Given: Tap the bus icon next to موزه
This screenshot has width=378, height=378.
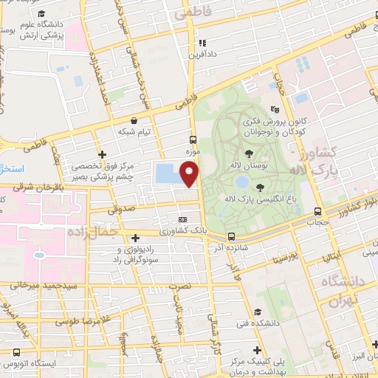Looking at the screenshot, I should tap(193, 139).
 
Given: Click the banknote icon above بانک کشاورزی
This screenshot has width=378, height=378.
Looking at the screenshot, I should tap(183, 219).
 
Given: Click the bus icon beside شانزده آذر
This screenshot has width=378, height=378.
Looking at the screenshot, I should tap(232, 237).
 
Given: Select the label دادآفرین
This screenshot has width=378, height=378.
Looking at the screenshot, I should tap(202, 55).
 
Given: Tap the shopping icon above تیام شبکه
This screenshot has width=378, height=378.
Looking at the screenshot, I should tap(133, 120).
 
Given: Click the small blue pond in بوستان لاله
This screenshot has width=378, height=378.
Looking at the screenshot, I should tap(241, 182).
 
